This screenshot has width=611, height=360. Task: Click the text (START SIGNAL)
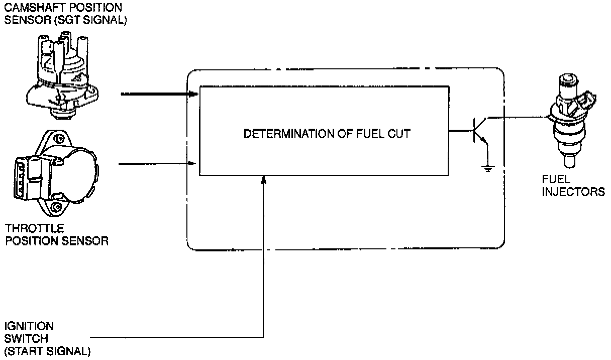click(x=48, y=350)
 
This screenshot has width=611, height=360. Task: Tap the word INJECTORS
click(x=573, y=192)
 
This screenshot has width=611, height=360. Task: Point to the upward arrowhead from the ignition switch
click(x=264, y=179)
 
